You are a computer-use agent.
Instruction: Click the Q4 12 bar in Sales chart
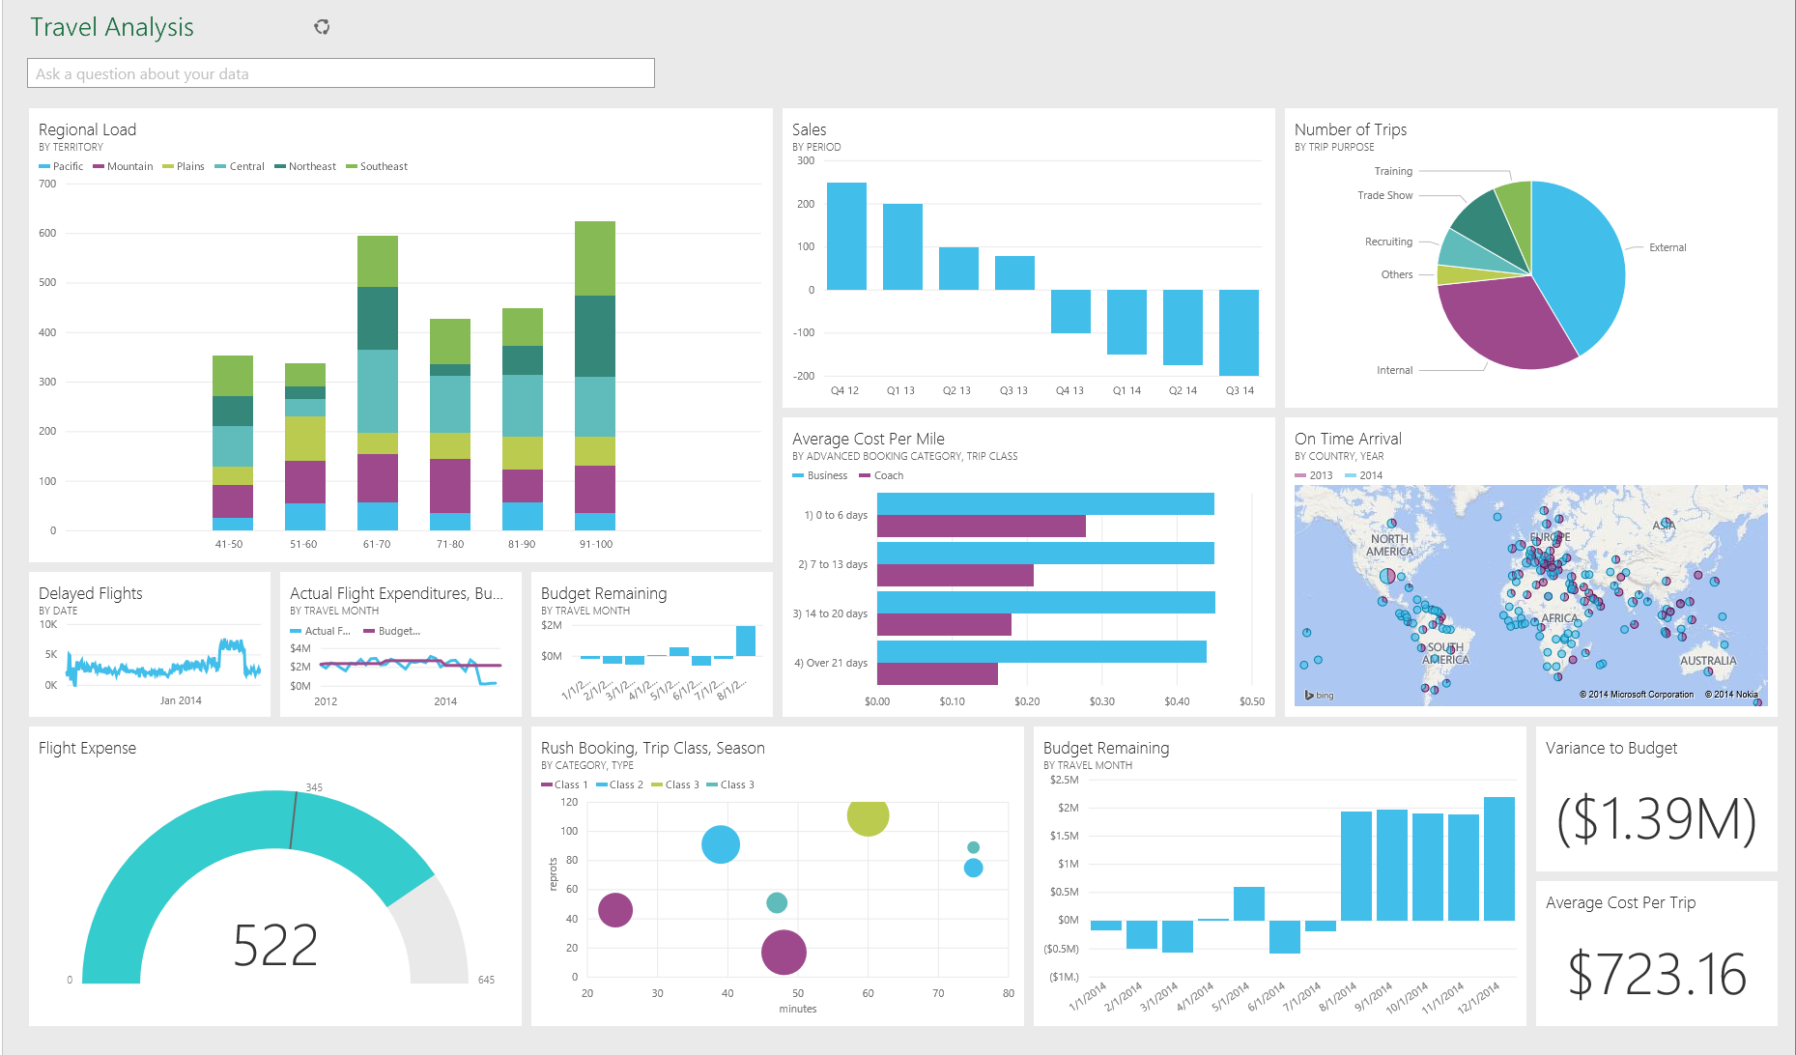pos(846,236)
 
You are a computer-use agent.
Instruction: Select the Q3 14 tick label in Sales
pos(1240,391)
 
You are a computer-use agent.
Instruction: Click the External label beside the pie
pos(1668,248)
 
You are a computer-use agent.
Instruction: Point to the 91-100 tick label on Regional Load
pos(596,545)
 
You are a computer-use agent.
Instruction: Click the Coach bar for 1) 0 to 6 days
pos(981,527)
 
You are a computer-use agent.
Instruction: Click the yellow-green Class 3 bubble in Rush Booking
pos(868,815)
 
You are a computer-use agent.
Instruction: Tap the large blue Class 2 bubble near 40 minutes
pos(721,844)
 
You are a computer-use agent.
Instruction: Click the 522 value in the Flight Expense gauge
pos(275,945)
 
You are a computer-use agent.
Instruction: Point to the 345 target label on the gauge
pos(314,787)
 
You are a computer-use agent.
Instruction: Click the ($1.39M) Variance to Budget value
pos(1656,819)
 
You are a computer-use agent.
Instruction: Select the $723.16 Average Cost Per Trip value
pos(1656,974)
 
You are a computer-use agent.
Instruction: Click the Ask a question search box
pos(340,73)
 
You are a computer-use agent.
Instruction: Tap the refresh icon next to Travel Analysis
pos(322,27)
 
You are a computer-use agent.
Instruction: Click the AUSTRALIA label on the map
pos(1707,662)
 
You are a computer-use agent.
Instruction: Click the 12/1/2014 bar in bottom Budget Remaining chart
pos(1498,859)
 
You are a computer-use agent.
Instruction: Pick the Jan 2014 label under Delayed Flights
pos(181,701)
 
